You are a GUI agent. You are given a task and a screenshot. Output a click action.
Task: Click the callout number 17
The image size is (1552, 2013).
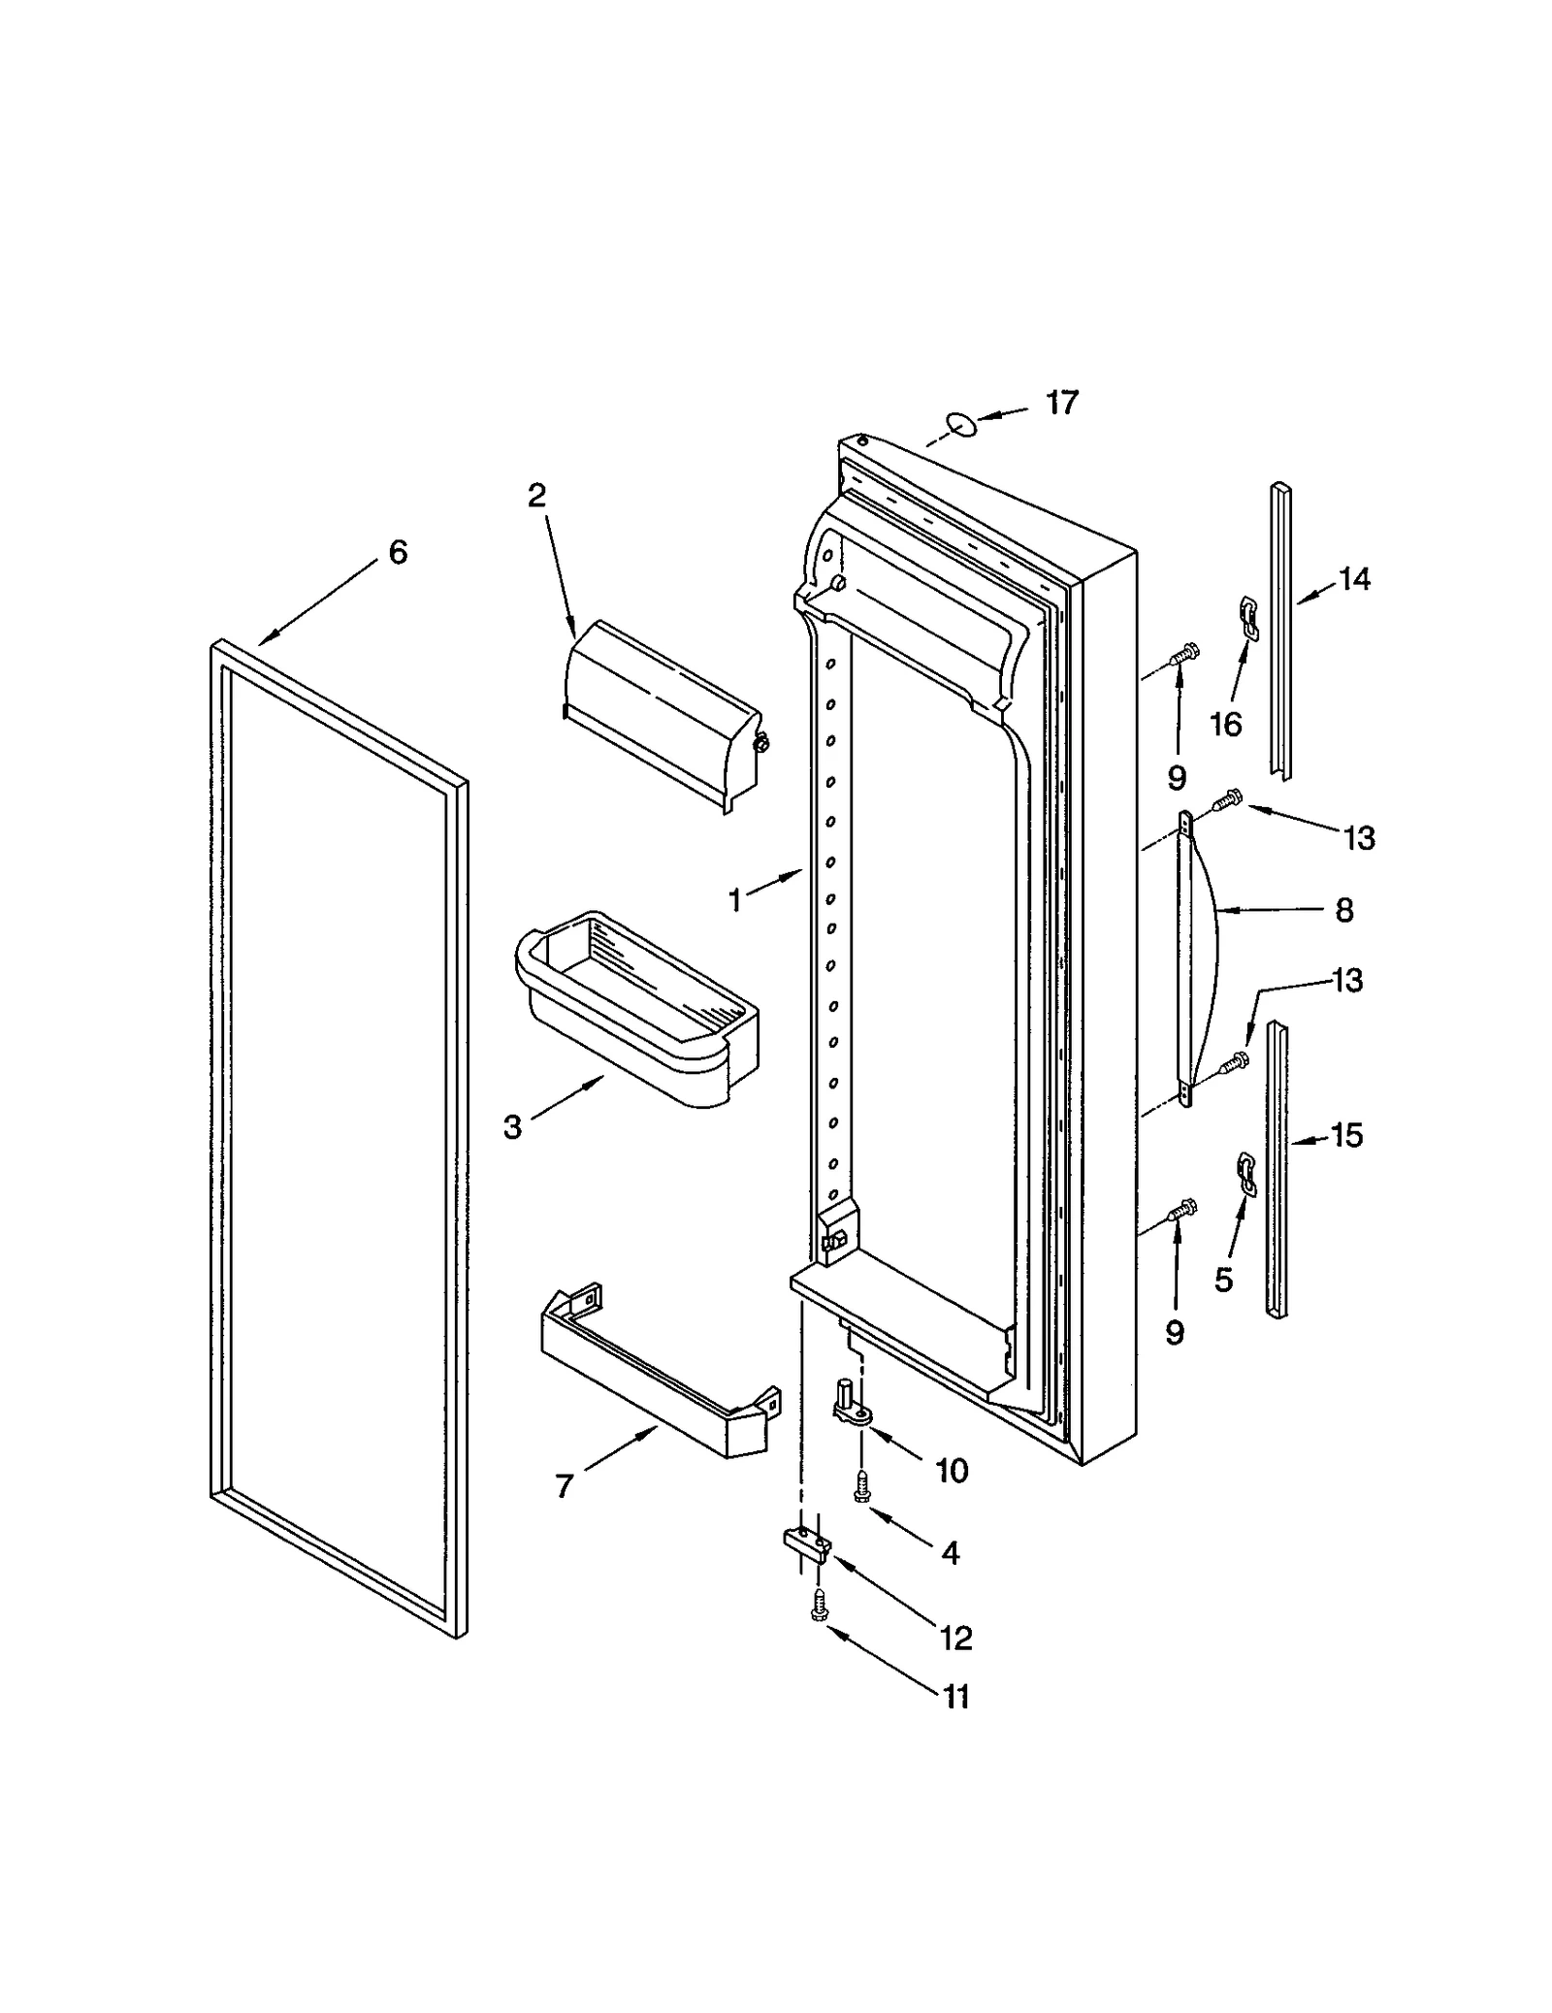tap(1061, 403)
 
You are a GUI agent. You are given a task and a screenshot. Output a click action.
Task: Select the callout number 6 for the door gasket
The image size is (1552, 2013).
tap(398, 553)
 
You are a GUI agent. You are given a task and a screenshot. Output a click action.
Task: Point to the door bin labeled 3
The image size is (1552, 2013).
tap(635, 1009)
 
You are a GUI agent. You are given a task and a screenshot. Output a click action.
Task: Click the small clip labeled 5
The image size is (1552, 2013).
tap(1245, 1174)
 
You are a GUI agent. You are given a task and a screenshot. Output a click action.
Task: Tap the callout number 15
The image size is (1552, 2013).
tap(1346, 1135)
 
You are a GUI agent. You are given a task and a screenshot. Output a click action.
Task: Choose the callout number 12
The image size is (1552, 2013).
tap(955, 1638)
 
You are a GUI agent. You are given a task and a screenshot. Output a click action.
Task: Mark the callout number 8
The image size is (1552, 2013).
tap(1343, 910)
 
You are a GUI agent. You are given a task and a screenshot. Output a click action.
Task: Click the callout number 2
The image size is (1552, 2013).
tap(536, 496)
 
